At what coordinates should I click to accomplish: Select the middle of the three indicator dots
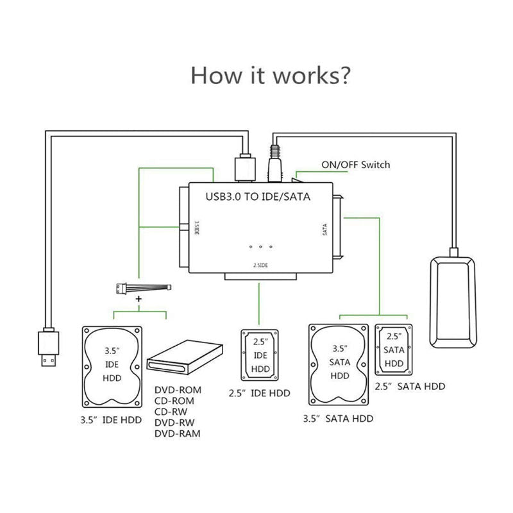(260, 247)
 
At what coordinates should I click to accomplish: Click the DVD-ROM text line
(178, 391)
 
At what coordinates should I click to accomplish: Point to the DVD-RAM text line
(178, 434)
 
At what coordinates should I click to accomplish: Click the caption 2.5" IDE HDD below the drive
(260, 393)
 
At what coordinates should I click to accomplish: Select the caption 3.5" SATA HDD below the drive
(338, 419)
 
